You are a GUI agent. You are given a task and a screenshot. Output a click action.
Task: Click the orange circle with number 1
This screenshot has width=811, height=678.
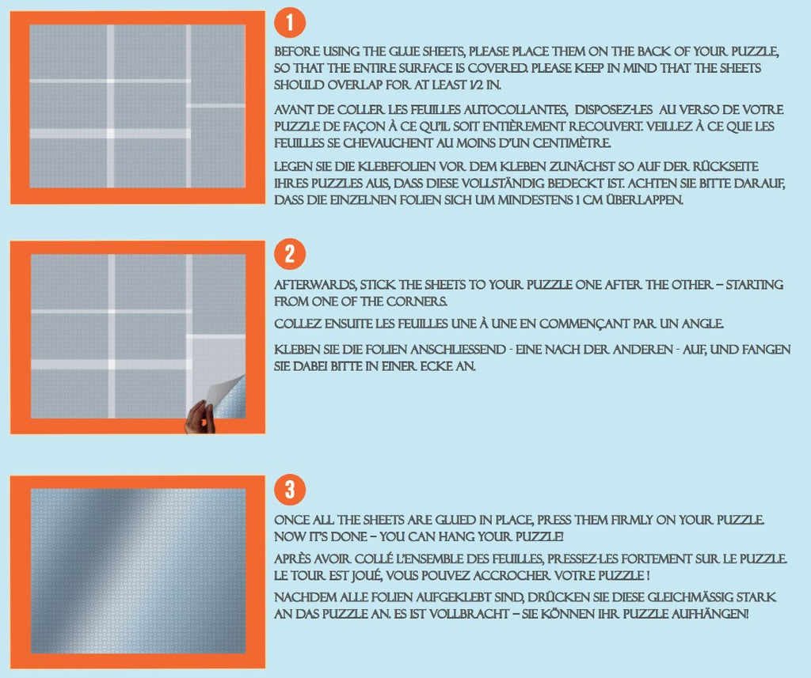[290, 24]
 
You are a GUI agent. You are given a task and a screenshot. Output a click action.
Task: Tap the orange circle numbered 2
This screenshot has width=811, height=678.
[290, 254]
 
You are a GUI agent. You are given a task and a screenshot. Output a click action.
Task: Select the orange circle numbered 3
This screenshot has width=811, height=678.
[290, 490]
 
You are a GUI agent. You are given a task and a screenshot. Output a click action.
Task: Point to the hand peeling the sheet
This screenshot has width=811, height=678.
[200, 418]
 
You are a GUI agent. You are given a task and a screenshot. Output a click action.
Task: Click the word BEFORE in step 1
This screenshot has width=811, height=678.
[298, 51]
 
